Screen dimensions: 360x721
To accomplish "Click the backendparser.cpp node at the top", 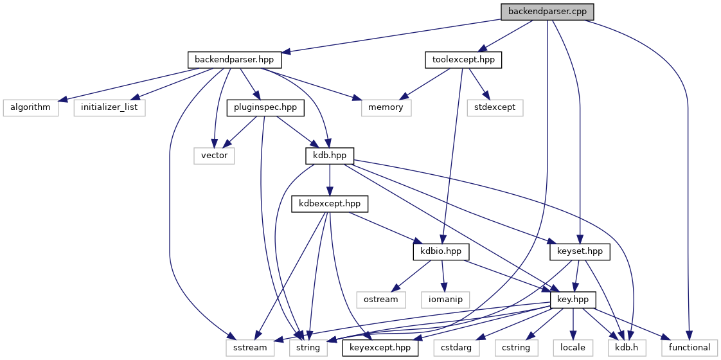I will coord(547,12).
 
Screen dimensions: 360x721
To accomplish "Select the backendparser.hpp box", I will coord(234,60).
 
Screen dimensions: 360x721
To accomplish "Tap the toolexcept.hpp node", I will coord(463,60).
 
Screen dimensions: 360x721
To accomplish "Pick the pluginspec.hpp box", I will coord(264,107).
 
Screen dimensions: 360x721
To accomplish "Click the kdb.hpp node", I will coord(329,156).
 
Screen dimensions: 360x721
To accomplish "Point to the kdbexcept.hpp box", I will coord(330,204).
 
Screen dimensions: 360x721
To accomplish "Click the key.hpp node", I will coord(573,300).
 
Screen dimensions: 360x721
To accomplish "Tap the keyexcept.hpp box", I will coord(380,348).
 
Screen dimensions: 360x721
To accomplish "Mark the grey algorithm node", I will coord(30,107).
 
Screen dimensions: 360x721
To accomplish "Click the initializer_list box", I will coord(109,107).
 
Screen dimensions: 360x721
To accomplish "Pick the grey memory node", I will coord(386,107).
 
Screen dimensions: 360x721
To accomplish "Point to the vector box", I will coord(214,156).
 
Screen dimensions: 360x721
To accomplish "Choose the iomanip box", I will coord(445,300).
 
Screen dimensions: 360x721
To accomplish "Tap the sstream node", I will coord(249,348).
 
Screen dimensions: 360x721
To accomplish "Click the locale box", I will coord(573,348).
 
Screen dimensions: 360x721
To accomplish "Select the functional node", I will coord(690,348).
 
